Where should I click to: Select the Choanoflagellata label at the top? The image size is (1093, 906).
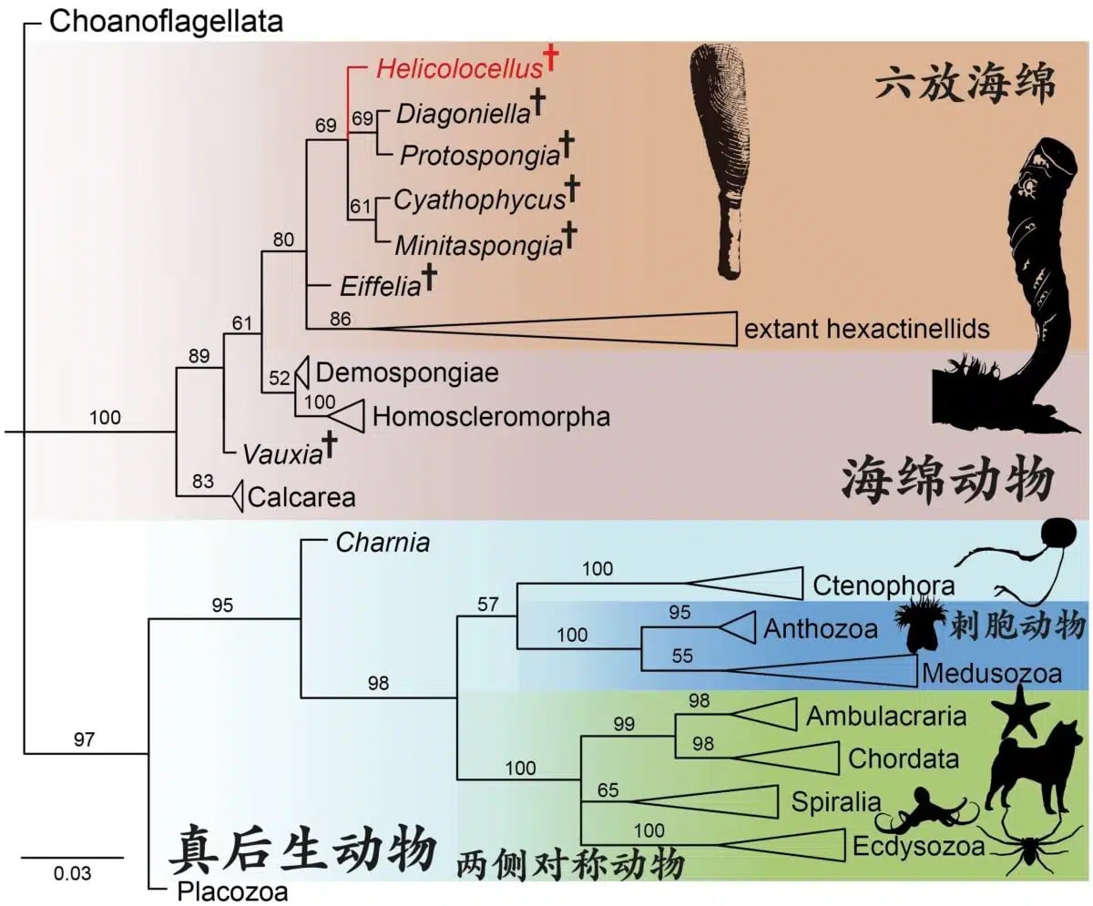pos(166,21)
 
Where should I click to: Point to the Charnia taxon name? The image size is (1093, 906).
pos(383,543)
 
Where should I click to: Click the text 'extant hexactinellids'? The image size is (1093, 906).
pos(866,328)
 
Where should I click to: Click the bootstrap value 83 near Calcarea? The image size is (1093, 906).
pos(203,480)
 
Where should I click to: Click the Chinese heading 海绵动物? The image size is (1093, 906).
pos(945,478)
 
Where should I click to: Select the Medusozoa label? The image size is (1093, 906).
pos(991,673)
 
